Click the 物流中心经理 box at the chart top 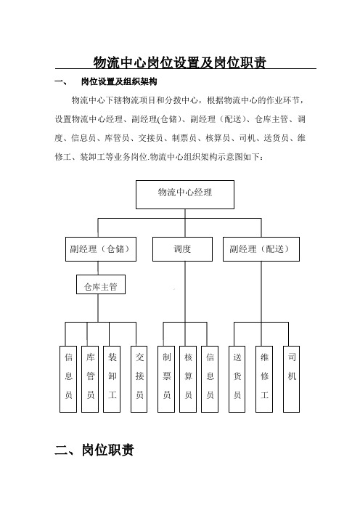185,195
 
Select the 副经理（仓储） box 101,249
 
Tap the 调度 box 183,249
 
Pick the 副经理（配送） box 261,249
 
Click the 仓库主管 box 101,285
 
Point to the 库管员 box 90,379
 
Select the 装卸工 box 112,379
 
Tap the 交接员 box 139,379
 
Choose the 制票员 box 166,379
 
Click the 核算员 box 188,379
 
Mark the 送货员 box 237,379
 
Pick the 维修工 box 264,379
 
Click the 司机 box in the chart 292,379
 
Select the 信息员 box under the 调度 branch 210,379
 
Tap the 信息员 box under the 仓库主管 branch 68,379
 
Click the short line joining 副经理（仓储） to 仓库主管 98,268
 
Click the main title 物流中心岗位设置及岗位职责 180,62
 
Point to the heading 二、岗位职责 94,450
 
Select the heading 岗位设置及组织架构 119,81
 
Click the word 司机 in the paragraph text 247,138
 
